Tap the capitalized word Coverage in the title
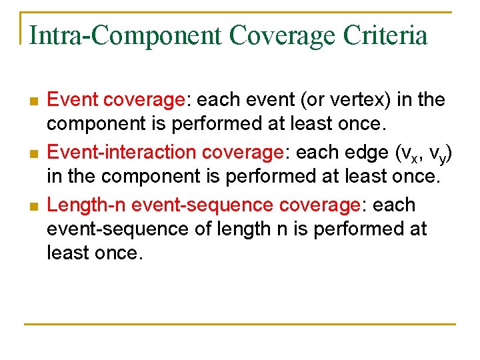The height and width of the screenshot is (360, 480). click(x=275, y=35)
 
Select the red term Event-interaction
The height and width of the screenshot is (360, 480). click(x=121, y=152)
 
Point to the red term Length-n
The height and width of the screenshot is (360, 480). click(x=87, y=205)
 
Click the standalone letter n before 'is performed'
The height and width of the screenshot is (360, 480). click(x=281, y=229)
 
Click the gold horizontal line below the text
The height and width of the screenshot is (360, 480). click(x=240, y=325)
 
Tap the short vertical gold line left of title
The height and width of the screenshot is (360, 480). click(x=21, y=28)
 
